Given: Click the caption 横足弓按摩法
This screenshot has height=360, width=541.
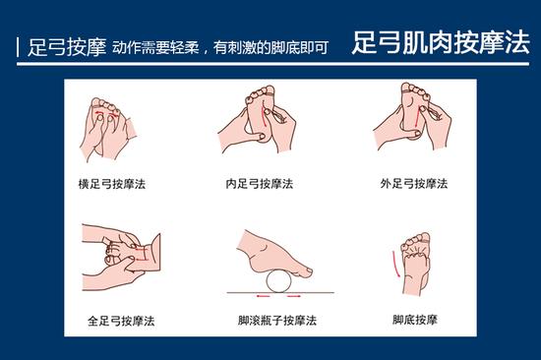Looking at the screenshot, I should point(111,184).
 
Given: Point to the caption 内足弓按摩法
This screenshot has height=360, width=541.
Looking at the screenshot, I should point(259,184).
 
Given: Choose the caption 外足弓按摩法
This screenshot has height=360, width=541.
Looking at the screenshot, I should point(414,184).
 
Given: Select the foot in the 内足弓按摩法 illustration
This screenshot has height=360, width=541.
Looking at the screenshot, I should point(261,108).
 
